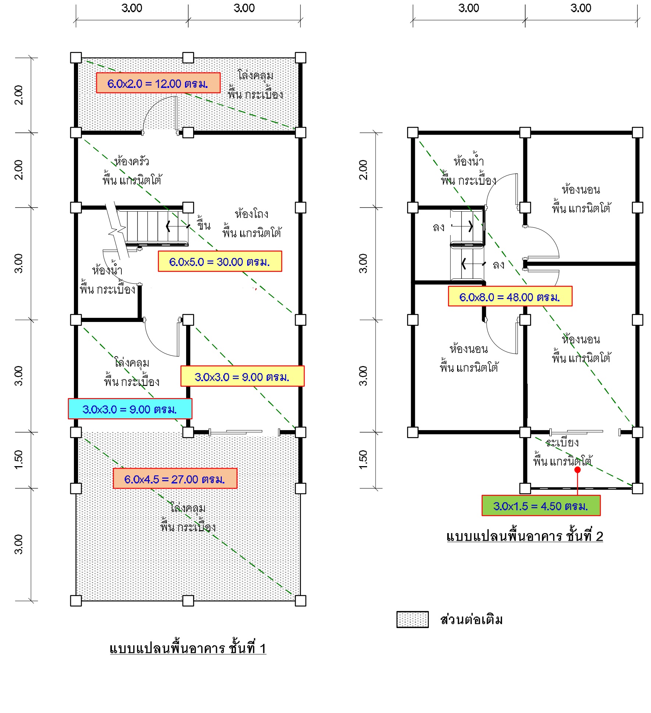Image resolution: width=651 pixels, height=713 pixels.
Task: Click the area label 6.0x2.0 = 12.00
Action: pyautogui.click(x=158, y=83)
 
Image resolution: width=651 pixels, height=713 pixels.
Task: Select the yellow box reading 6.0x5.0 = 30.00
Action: pyautogui.click(x=220, y=262)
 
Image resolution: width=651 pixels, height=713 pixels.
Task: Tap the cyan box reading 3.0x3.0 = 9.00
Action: pyautogui.click(x=130, y=409)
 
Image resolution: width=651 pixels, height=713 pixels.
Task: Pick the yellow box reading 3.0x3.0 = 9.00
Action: pyautogui.click(x=242, y=376)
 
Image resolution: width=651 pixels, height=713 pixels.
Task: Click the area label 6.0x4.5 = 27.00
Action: pyautogui.click(x=175, y=479)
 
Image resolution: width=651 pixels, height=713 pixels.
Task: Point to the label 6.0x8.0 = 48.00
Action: pyautogui.click(x=510, y=297)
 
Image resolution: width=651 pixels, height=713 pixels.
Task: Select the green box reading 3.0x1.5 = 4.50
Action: pyautogui.click(x=541, y=506)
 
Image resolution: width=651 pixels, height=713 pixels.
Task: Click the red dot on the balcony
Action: pyautogui.click(x=577, y=470)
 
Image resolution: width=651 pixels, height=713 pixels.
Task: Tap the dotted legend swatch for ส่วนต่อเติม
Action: pyautogui.click(x=412, y=620)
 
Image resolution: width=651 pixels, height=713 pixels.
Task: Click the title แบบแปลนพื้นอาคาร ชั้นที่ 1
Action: pyautogui.click(x=188, y=648)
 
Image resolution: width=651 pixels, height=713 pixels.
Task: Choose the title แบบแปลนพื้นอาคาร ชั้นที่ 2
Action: pyautogui.click(x=524, y=536)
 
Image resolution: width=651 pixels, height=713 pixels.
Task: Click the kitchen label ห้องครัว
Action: pyautogui.click(x=131, y=161)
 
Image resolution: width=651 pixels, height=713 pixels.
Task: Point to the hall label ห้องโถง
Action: pyautogui.click(x=252, y=214)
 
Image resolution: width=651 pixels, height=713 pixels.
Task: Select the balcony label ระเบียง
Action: pyautogui.click(x=562, y=442)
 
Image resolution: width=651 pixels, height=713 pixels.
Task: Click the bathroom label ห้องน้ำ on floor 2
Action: pyautogui.click(x=469, y=160)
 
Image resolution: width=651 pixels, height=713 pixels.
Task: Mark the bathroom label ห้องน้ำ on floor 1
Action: pyautogui.click(x=107, y=270)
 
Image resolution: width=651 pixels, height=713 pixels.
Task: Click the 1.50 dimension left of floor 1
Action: pyautogui.click(x=18, y=460)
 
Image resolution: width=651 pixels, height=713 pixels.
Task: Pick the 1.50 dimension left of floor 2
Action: pyautogui.click(x=363, y=460)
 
